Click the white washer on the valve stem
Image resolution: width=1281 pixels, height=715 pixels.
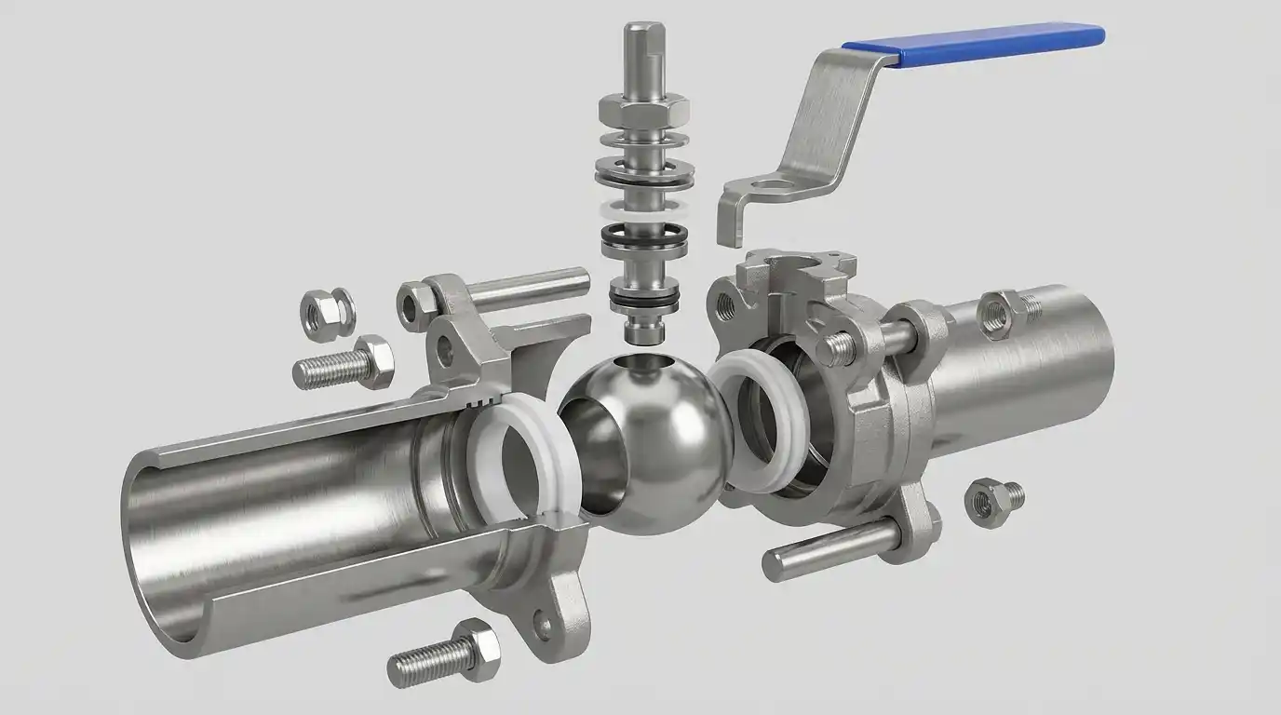[644, 207]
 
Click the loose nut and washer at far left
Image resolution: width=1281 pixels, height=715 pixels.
[327, 313]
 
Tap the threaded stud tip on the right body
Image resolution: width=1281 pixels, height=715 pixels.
[834, 348]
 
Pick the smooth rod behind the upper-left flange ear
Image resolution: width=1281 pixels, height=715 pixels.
[531, 287]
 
